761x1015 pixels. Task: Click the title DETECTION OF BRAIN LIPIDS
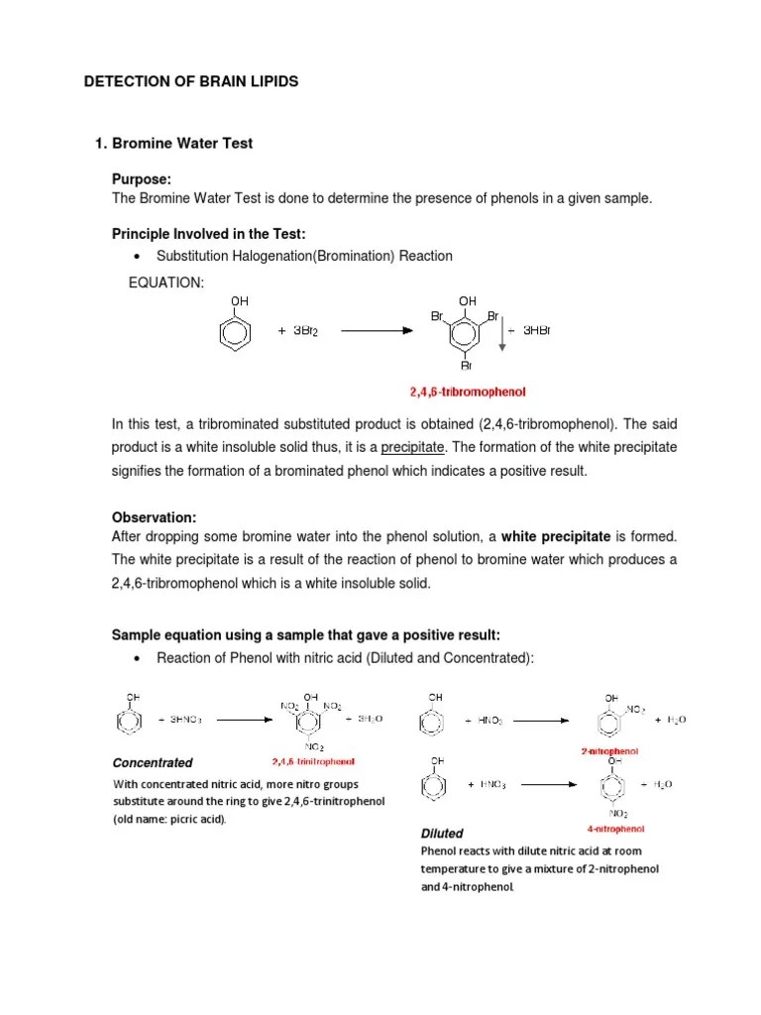pos(190,81)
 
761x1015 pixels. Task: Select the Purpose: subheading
pos(142,179)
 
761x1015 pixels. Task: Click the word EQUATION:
pos(166,283)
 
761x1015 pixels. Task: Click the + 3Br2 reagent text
pos(297,331)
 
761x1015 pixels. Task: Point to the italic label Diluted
pos(442,834)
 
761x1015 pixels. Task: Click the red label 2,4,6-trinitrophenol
pos(313,762)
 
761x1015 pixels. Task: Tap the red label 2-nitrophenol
pos(609,751)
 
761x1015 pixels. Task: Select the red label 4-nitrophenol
pos(614,828)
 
